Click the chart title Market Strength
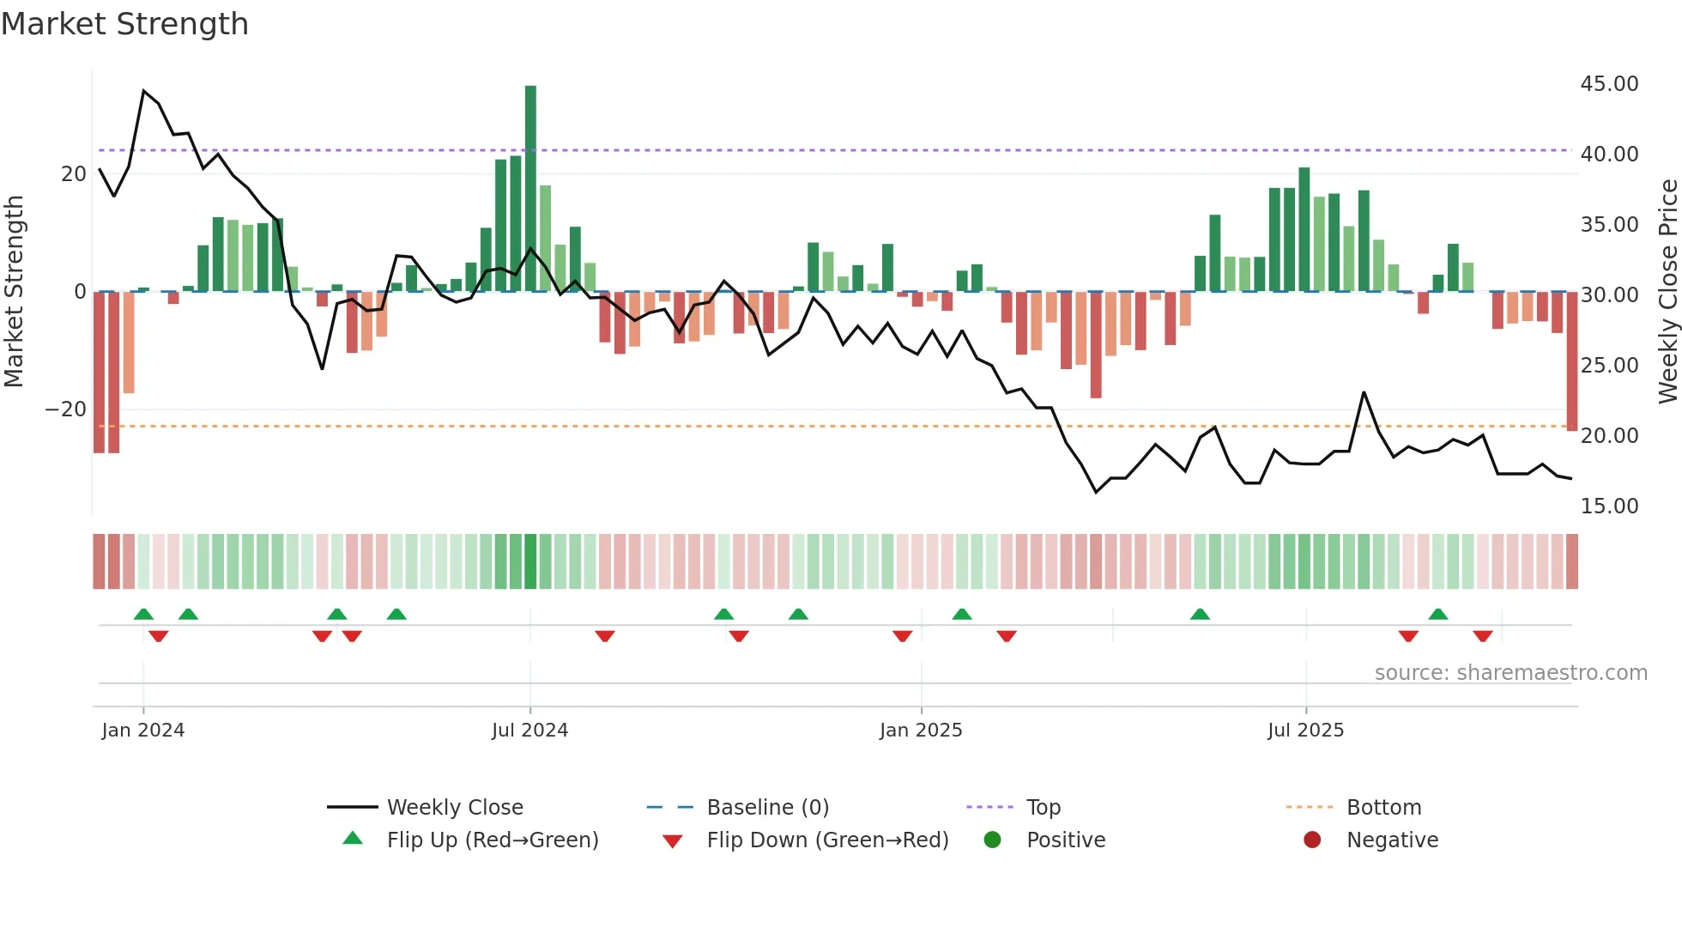point(124,24)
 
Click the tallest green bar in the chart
point(530,188)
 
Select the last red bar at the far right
point(1571,361)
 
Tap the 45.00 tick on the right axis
point(1609,84)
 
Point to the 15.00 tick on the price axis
point(1609,506)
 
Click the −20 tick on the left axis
point(66,409)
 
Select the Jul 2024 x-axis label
point(529,731)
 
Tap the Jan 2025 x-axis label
point(921,731)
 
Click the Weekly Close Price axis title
point(1667,292)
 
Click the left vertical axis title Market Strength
point(15,292)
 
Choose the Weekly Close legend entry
point(454,808)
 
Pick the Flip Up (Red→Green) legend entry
point(492,840)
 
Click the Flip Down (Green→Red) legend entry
point(827,840)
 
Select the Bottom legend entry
point(1383,808)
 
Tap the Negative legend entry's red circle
point(1312,840)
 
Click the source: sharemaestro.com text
point(1510,673)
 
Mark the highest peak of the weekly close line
point(143,90)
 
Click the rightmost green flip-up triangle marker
point(1438,615)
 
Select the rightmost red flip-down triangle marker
point(1483,636)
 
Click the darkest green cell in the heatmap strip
point(530,561)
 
